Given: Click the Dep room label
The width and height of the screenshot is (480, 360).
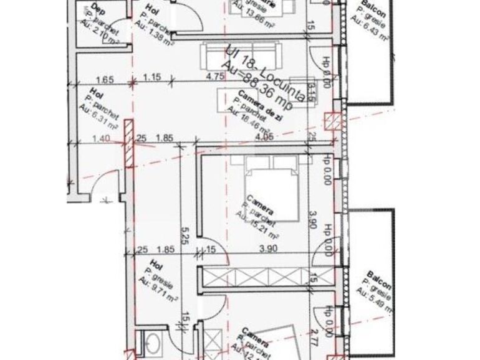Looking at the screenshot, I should pos(98,9).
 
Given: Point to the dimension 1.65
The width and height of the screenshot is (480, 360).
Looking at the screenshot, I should pos(105,79).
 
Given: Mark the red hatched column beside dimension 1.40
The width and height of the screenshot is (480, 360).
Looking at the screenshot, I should pos(128,144).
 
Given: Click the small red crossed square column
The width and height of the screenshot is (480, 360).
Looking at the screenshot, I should pos(332,120).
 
